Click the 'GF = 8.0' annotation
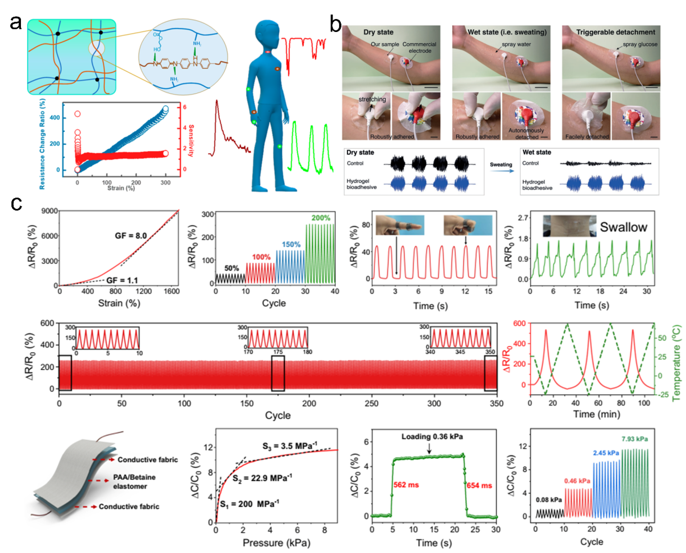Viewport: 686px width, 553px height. [x=131, y=236]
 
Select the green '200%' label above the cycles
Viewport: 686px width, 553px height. [x=321, y=218]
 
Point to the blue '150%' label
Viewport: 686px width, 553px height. [x=291, y=244]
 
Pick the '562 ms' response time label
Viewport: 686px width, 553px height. [x=406, y=485]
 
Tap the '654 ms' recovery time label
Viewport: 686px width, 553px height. [x=479, y=486]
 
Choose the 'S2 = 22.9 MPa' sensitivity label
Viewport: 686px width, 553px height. [x=262, y=478]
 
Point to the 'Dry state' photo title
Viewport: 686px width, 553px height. [x=378, y=32]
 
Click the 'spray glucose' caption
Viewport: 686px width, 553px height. [x=640, y=44]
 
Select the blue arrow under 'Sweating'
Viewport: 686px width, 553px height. [x=502, y=171]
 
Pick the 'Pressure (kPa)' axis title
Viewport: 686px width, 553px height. [x=276, y=543]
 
